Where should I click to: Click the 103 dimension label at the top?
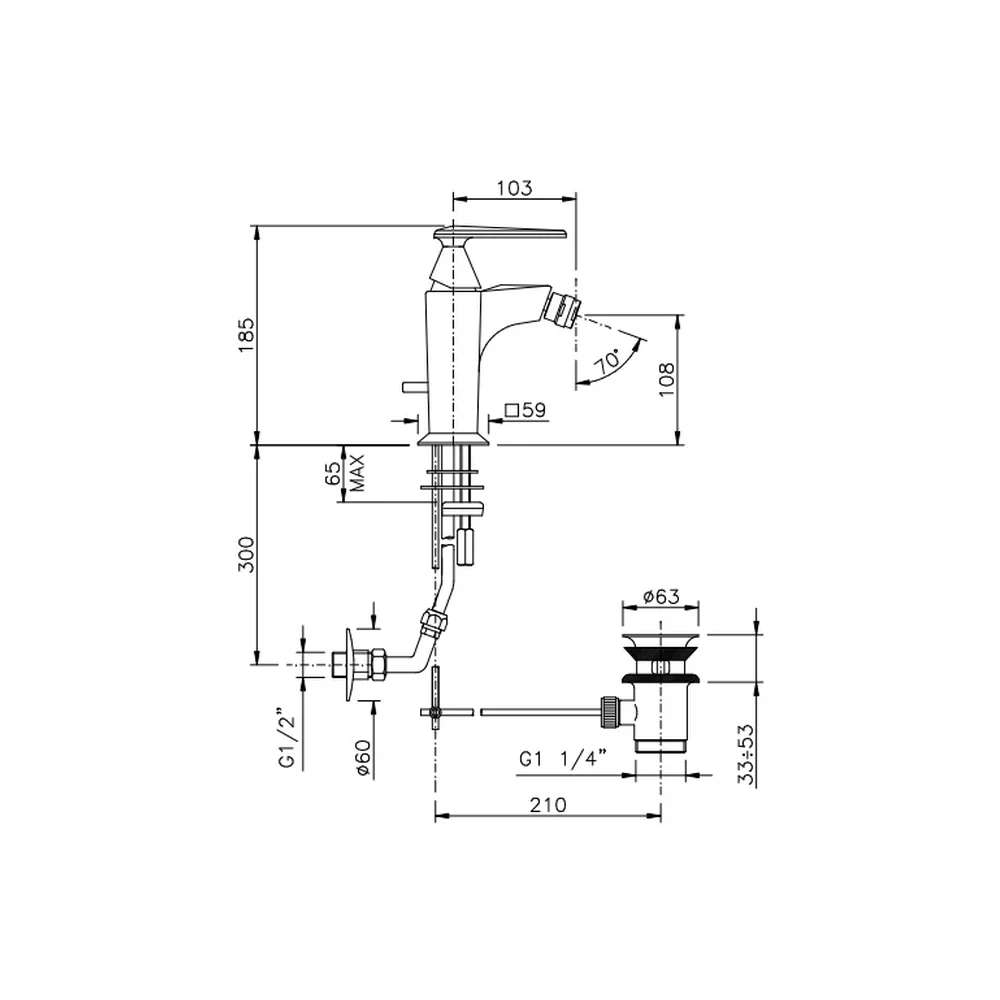pyautogui.click(x=514, y=188)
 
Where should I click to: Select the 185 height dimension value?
pyautogui.click(x=246, y=335)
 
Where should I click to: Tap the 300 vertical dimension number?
pyautogui.click(x=246, y=554)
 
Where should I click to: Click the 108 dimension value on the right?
pyautogui.click(x=666, y=379)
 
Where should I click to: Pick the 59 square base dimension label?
pyautogui.click(x=526, y=410)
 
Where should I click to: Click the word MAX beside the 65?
pyautogui.click(x=358, y=473)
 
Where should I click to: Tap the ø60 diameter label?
pyautogui.click(x=364, y=757)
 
